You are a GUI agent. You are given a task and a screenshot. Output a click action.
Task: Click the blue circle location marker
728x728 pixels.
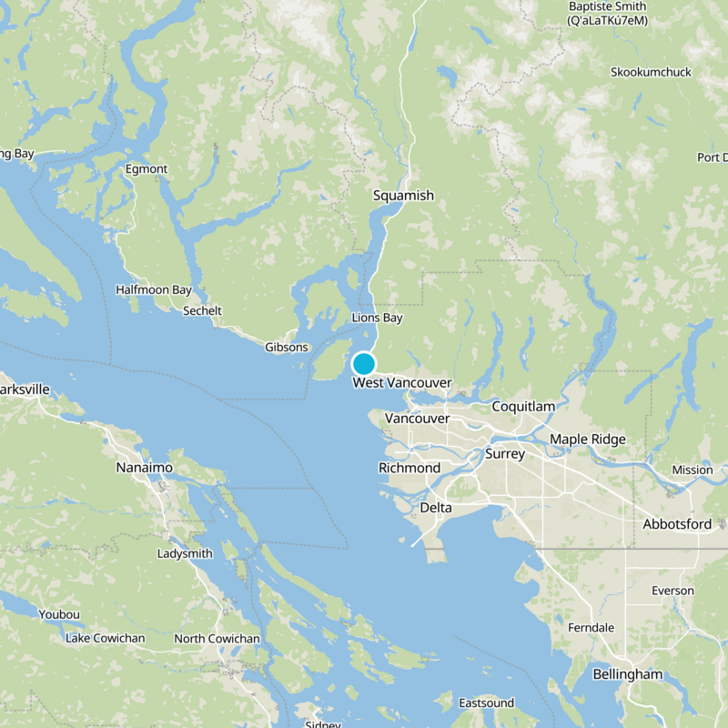364,364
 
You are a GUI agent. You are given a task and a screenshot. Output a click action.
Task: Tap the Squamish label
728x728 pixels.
403,196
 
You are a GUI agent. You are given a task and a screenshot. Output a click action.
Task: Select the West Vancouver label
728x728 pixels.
402,383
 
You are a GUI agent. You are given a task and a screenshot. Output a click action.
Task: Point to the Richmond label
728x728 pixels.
409,468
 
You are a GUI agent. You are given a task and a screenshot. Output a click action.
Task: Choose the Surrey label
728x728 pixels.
505,453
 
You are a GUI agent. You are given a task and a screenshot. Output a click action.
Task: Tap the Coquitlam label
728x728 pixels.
523,407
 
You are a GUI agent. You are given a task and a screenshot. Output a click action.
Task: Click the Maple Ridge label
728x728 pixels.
588,440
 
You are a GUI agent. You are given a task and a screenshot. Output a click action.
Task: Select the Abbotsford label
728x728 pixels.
677,524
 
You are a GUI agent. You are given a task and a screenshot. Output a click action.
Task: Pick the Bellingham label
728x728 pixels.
628,674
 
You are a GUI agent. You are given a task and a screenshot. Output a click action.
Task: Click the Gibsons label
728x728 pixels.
287,348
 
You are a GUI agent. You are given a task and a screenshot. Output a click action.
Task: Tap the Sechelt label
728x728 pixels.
202,310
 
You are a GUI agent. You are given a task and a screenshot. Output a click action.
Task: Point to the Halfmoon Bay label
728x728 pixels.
154,290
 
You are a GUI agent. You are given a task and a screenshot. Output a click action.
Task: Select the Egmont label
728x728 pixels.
147,169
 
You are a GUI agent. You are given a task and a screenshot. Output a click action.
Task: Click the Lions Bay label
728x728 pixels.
377,318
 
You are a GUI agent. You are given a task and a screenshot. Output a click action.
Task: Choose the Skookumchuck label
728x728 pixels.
651,72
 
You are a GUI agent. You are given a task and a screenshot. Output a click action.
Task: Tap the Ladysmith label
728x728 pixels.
185,553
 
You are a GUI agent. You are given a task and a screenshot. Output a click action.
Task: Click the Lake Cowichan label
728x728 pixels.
105,638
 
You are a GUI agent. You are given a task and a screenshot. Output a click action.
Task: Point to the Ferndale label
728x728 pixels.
591,628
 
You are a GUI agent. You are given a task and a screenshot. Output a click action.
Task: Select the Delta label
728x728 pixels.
437,507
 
